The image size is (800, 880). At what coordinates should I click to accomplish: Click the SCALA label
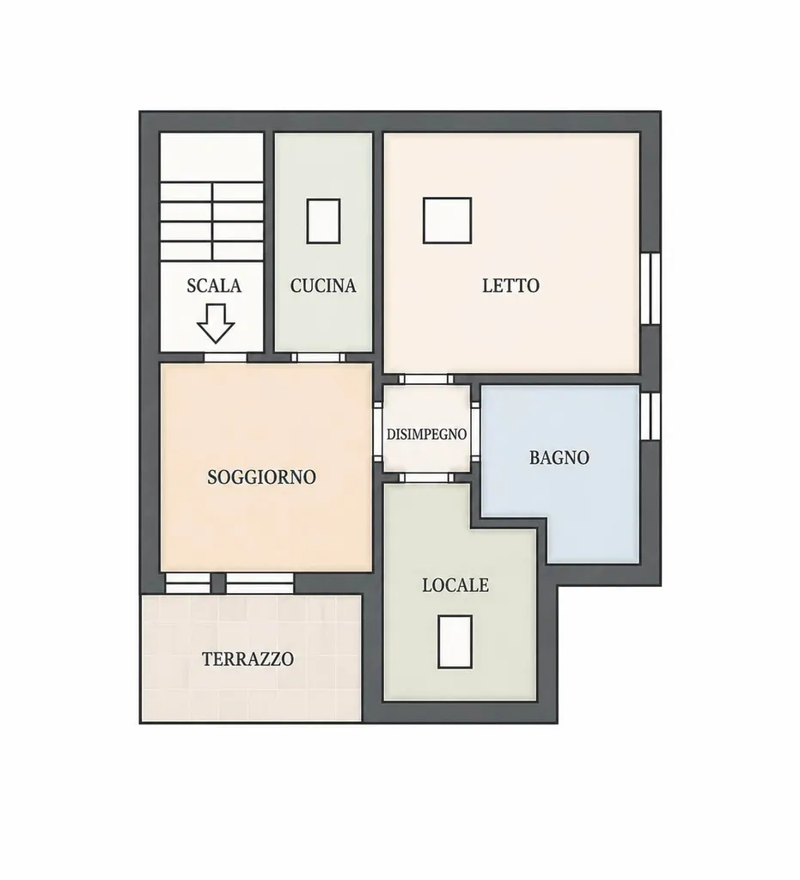214,285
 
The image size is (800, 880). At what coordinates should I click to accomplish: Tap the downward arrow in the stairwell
216,323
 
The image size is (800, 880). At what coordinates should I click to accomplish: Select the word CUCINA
323,285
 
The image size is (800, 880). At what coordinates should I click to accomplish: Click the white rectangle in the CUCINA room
323,221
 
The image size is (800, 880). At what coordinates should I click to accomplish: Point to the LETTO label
511,285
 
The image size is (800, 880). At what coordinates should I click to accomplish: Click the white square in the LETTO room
447,221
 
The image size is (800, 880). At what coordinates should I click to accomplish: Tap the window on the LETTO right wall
650,289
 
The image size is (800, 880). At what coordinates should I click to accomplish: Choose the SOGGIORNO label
262,477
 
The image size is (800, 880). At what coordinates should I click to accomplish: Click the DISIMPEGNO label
427,434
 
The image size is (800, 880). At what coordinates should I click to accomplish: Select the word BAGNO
559,458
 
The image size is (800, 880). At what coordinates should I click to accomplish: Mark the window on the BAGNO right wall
650,416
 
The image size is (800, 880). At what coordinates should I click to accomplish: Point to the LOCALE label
455,585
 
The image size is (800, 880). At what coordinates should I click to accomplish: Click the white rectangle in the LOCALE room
455,641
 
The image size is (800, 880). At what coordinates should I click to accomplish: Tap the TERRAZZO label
248,659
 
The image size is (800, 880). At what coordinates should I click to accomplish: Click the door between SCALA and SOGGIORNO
225,357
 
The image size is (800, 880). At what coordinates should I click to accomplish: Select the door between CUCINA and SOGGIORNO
319,357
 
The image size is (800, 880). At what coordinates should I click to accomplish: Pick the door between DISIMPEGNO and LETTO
426,379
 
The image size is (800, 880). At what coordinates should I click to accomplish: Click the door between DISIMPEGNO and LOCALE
426,478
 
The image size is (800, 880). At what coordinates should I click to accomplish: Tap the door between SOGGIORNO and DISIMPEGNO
378,432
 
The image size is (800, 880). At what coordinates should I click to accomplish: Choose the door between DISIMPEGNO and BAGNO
475,432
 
